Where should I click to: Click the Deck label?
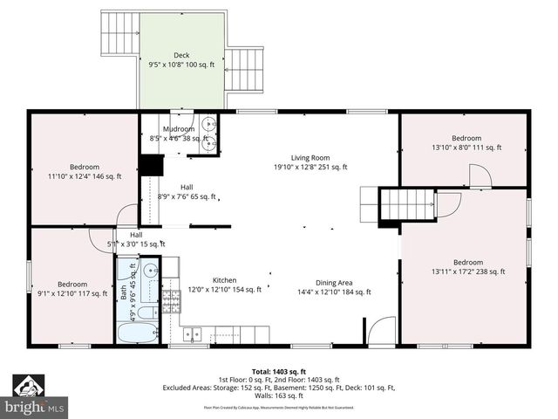click(180, 55)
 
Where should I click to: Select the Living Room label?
click(310, 157)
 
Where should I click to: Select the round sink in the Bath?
click(149, 270)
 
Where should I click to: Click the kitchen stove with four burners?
click(172, 303)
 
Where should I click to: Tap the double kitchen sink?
click(192, 333)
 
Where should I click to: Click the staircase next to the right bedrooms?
click(405, 204)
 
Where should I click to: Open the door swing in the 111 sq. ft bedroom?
click(480, 177)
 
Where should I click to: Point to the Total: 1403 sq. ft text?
click(278, 372)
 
